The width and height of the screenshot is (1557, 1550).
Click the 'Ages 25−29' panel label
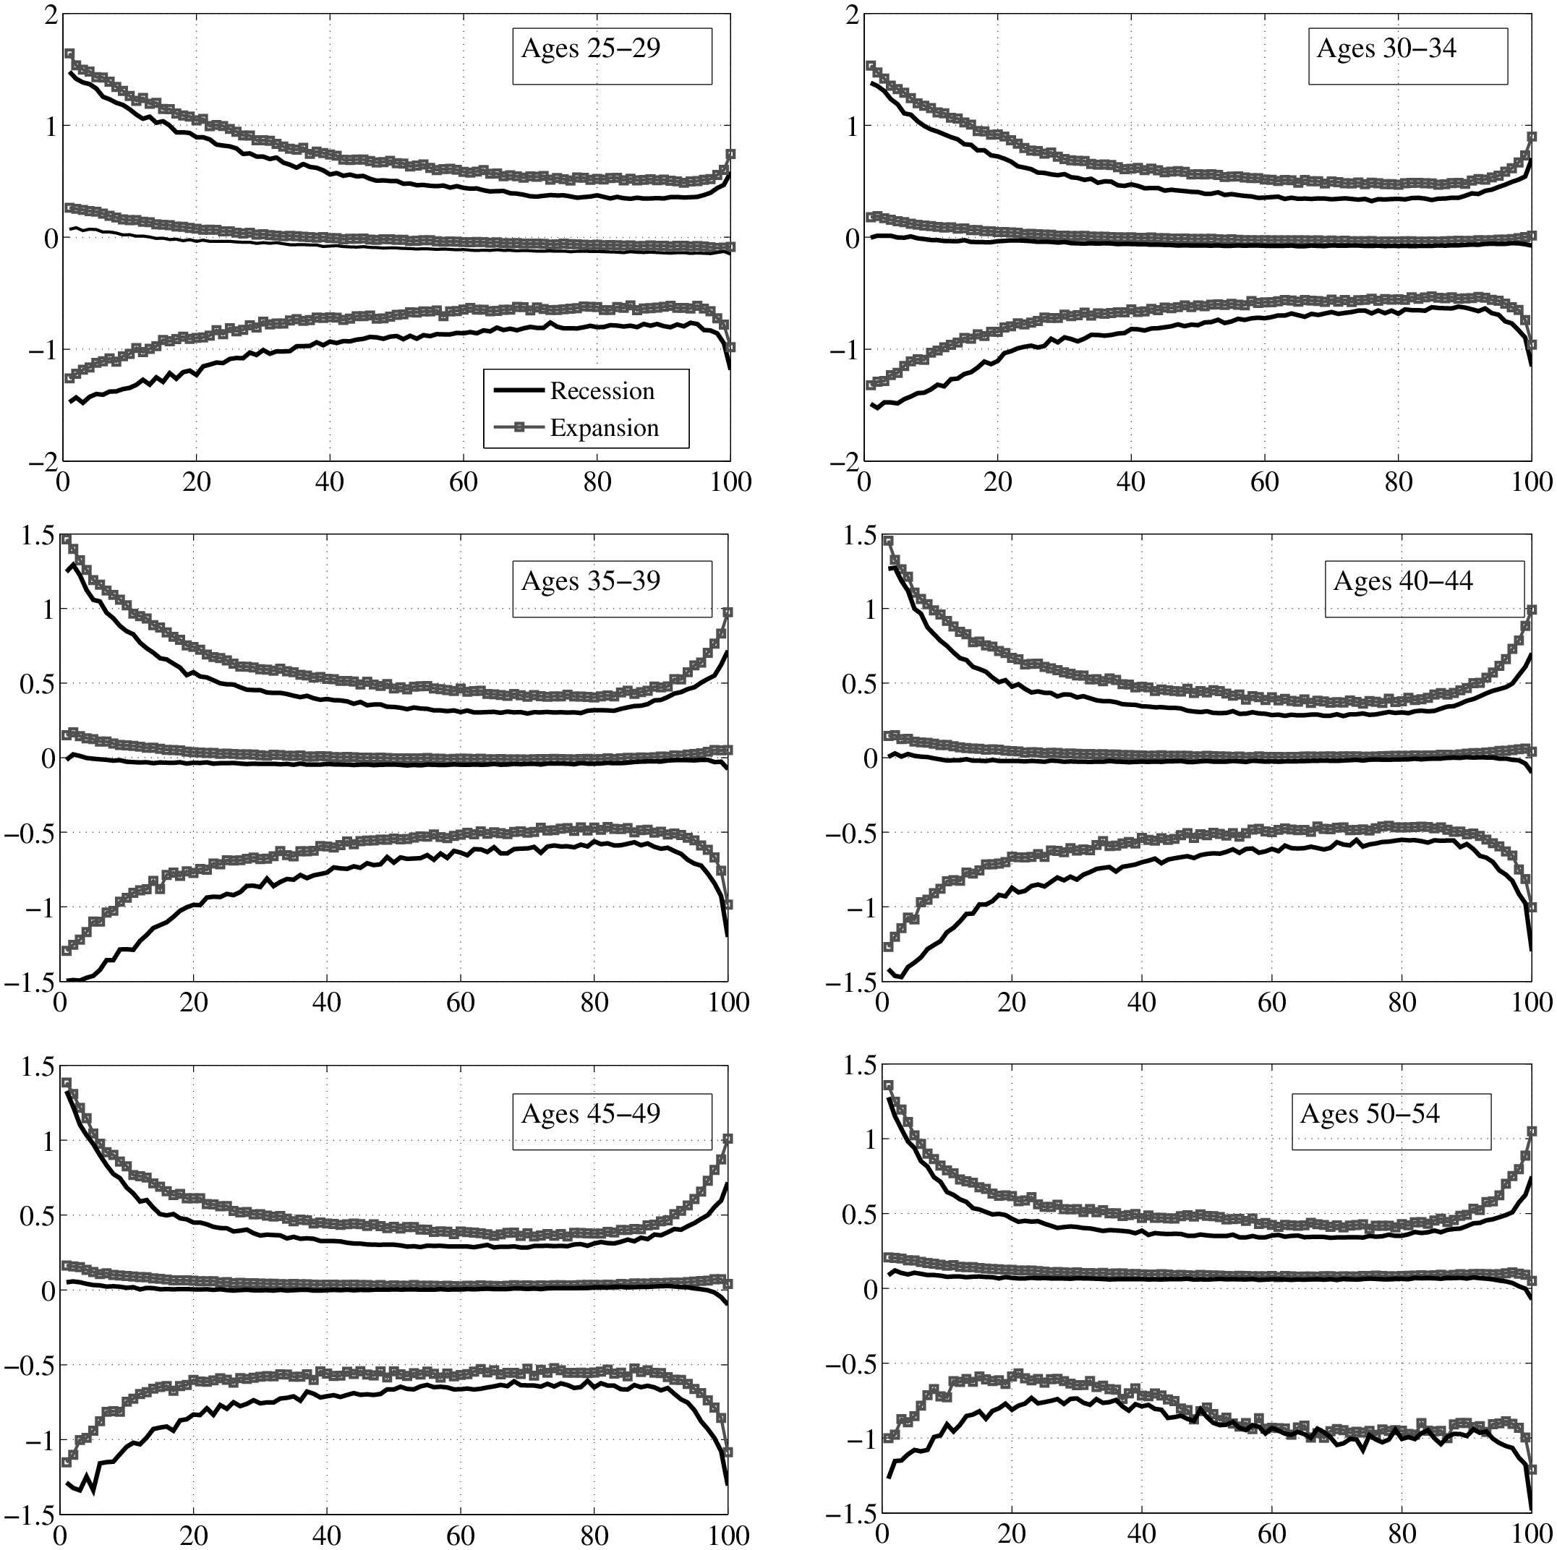click(x=591, y=49)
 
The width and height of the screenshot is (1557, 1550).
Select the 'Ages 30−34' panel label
click(x=1386, y=49)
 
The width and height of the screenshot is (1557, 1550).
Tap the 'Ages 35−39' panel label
click(x=591, y=582)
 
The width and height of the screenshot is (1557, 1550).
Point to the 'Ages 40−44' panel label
click(x=1403, y=582)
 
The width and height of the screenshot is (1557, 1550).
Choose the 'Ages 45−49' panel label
click(x=591, y=1114)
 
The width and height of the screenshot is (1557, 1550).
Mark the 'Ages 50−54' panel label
click(x=1370, y=1114)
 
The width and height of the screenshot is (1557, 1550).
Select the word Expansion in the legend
click(x=605, y=429)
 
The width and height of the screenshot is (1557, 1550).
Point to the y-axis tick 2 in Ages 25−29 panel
click(x=48, y=15)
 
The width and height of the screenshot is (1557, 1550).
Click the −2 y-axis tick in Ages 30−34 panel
click(x=843, y=462)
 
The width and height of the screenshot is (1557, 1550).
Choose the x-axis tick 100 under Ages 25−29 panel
click(x=730, y=482)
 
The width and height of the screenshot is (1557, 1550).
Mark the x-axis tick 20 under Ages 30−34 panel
click(x=998, y=482)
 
